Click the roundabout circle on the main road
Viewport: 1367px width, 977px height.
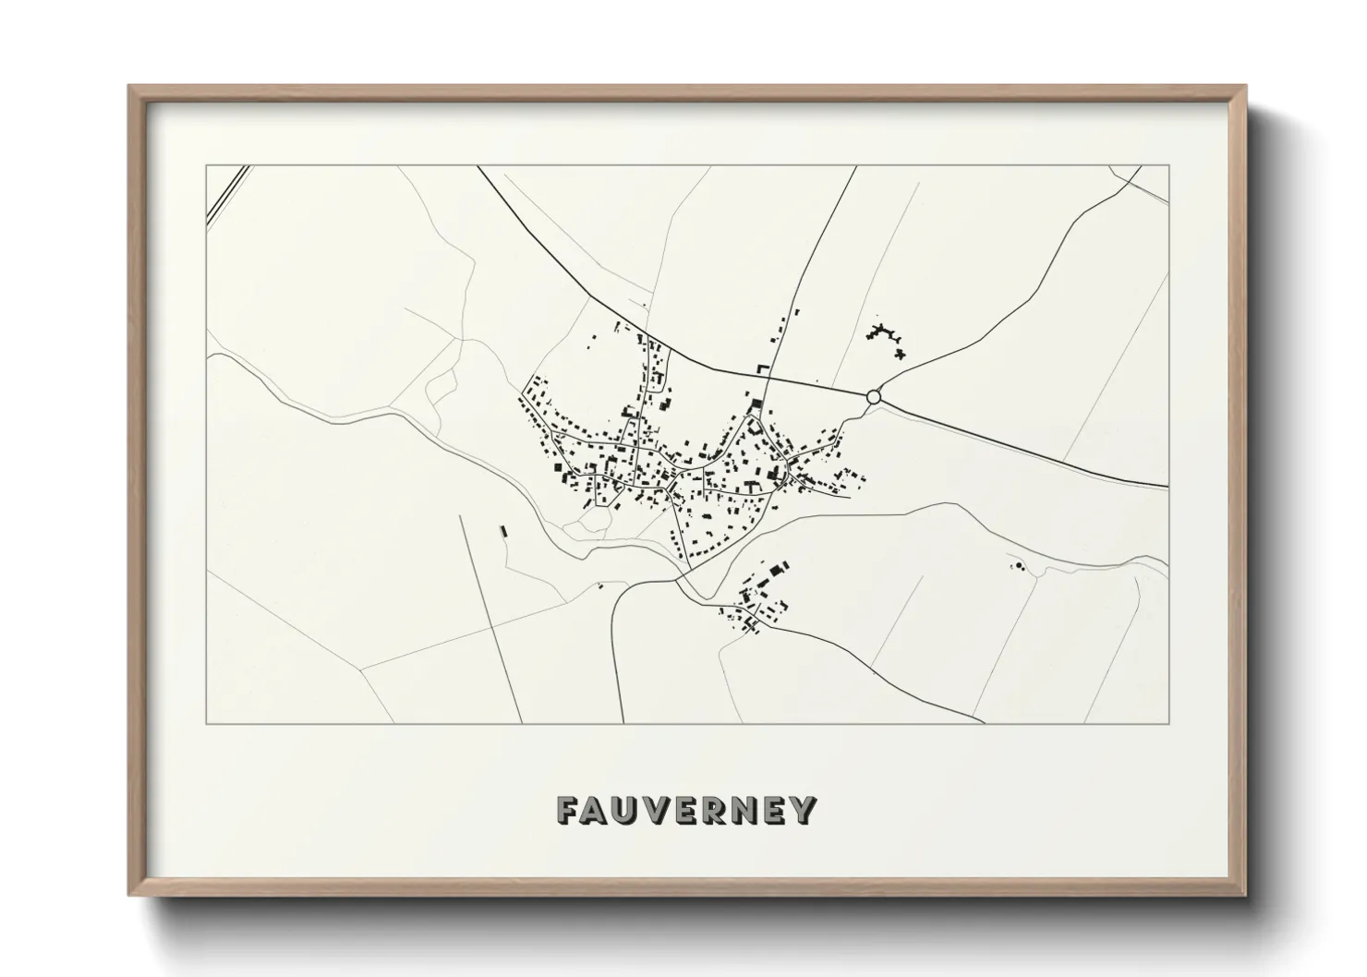point(874,397)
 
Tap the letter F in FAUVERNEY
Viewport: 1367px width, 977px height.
point(568,810)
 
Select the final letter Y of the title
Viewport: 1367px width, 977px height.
point(804,810)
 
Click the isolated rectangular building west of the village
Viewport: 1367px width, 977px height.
point(503,531)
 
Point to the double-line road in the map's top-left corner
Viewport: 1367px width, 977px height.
point(228,194)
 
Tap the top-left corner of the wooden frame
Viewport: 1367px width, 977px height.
point(130,87)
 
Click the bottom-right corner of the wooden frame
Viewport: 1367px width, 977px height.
point(1244,894)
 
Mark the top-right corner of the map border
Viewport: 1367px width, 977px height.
point(1168,166)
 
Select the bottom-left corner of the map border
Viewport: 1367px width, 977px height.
point(206,723)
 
